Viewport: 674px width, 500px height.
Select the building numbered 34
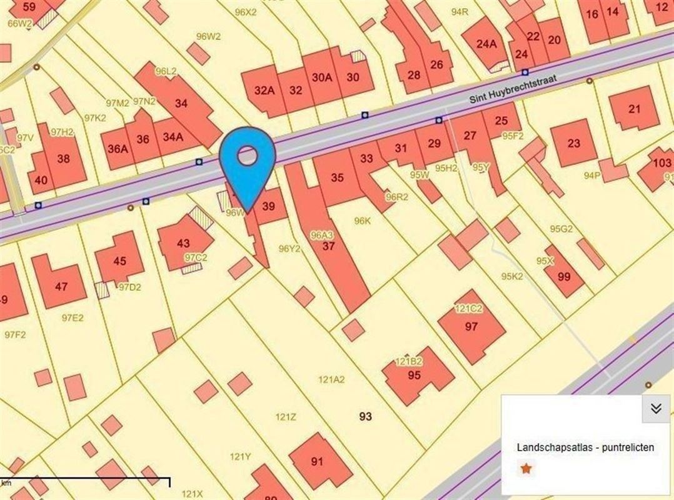(x=181, y=103)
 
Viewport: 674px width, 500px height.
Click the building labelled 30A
(x=321, y=78)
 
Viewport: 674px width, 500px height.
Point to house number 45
(x=119, y=261)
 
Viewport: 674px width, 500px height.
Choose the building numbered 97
(x=471, y=326)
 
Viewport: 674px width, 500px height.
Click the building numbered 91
(x=317, y=462)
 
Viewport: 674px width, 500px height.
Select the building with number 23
(x=573, y=142)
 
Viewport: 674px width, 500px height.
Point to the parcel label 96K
(x=363, y=221)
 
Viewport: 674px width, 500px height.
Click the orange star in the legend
(x=526, y=468)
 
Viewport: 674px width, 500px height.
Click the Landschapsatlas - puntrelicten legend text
(x=585, y=447)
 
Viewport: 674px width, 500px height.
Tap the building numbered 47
(x=61, y=287)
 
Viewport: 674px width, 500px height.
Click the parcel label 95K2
(x=511, y=276)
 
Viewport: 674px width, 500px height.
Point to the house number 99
(x=563, y=276)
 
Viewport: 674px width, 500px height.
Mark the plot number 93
(x=366, y=416)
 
